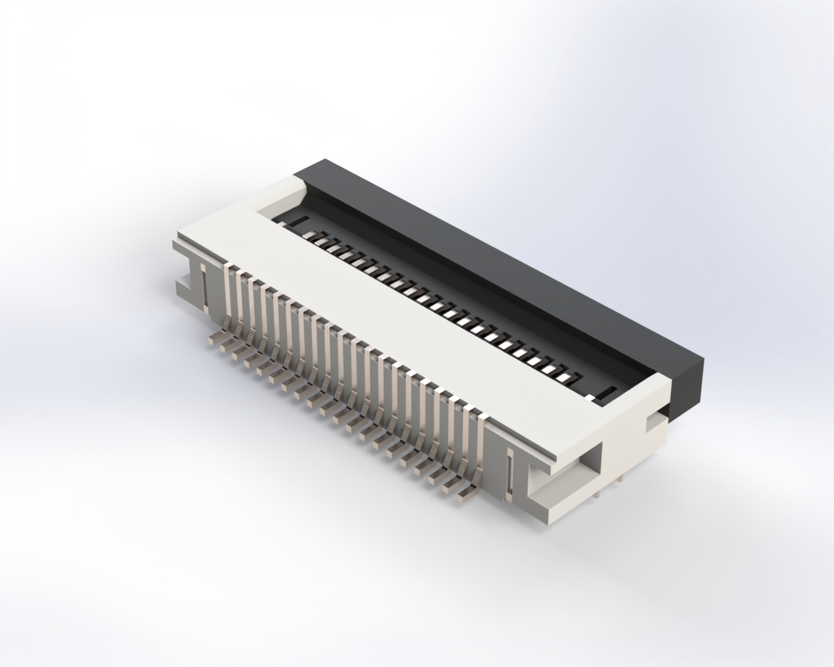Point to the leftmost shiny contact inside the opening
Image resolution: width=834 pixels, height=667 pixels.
(x=319, y=235)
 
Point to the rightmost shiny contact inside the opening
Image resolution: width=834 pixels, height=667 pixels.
(x=565, y=375)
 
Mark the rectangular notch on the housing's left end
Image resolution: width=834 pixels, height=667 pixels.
(x=184, y=285)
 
